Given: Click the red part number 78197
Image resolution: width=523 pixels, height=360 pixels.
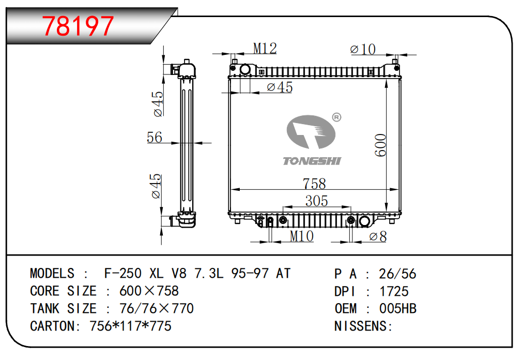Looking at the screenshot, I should (x=78, y=26).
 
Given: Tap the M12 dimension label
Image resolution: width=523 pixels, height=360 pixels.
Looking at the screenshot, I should (x=265, y=48).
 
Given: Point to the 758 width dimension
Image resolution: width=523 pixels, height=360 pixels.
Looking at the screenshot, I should (x=314, y=184).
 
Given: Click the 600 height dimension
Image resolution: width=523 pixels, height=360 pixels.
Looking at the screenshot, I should (x=381, y=146).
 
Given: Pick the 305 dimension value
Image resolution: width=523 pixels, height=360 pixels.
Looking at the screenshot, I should (x=316, y=201).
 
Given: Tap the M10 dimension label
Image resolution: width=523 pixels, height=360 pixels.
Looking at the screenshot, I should (x=301, y=236).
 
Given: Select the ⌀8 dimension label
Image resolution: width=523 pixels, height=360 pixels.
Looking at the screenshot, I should (x=378, y=237).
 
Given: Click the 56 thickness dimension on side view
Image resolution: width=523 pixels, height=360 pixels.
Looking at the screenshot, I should (x=155, y=137).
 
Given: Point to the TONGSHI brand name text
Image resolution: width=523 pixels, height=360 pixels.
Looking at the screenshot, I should (x=312, y=161).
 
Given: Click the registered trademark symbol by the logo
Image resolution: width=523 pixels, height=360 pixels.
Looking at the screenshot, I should (x=336, y=117).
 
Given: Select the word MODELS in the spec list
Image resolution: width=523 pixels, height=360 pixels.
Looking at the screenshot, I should (x=52, y=273).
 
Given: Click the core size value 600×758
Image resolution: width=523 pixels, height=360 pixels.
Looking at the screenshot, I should (x=149, y=291).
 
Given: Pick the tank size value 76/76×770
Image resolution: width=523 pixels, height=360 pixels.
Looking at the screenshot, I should (x=156, y=309).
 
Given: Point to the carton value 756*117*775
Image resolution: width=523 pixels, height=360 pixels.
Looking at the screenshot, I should (x=130, y=326).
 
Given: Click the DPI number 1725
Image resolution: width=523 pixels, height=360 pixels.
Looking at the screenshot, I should (x=394, y=291).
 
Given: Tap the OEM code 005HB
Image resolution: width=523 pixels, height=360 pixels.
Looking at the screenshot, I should (x=398, y=309).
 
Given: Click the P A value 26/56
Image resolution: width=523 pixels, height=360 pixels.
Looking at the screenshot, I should (x=397, y=274).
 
